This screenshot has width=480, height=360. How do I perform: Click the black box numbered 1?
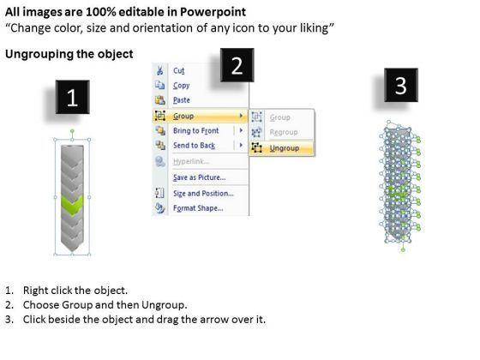tap(73, 97)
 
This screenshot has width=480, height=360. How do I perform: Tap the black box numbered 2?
tap(237, 65)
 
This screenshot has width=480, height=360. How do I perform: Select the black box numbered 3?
tap(401, 85)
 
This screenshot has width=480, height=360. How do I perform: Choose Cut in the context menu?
tap(179, 70)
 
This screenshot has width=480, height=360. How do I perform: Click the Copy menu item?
tap(181, 86)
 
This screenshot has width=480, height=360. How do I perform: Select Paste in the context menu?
tap(182, 100)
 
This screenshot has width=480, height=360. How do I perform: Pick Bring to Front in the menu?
tap(196, 130)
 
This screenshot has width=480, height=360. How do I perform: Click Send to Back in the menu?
tap(194, 146)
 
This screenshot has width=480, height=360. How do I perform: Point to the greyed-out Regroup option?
tap(284, 132)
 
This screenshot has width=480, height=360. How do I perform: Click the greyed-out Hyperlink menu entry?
tap(191, 161)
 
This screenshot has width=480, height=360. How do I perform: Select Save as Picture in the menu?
tap(199, 177)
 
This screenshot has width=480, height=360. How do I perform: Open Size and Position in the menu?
tap(203, 194)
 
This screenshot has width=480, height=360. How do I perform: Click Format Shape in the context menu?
tap(198, 208)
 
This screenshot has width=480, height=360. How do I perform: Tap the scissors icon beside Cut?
tap(159, 70)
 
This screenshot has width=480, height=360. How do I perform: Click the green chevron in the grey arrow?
tap(72, 204)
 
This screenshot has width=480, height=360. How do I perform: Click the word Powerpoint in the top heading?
tap(213, 12)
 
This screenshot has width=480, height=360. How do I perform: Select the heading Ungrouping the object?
tap(69, 54)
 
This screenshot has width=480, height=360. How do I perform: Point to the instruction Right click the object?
tap(75, 291)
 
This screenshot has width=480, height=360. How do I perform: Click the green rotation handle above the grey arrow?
tap(72, 131)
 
